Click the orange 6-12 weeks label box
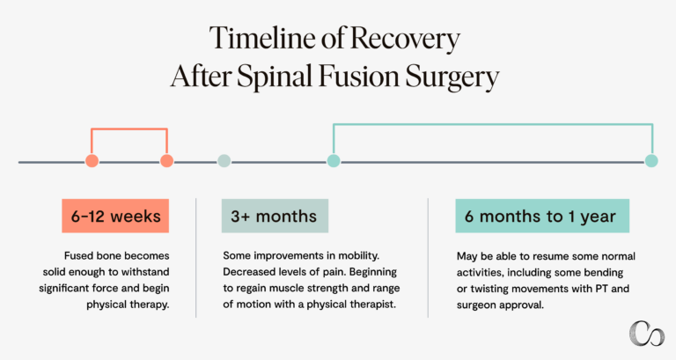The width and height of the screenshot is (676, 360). pyautogui.click(x=115, y=217)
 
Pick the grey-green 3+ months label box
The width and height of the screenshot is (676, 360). pyautogui.click(x=275, y=217)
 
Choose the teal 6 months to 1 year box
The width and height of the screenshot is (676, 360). pyautogui.click(x=535, y=217)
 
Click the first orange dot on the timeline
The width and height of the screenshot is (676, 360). pyautogui.click(x=92, y=161)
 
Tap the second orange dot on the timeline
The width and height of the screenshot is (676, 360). pyautogui.click(x=166, y=161)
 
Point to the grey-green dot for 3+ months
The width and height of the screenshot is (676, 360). pyautogui.click(x=224, y=161)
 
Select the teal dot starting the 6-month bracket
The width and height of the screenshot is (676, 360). pyautogui.click(x=333, y=161)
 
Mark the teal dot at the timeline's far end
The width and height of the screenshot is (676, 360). pyautogui.click(x=651, y=161)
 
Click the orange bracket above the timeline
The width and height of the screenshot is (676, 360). pyautogui.click(x=129, y=129)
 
